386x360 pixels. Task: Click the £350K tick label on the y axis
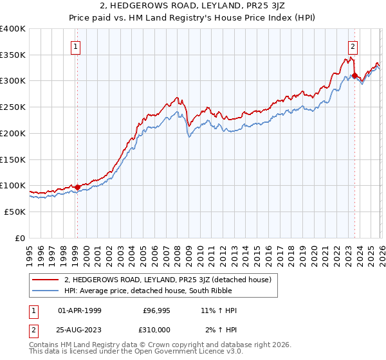pos(13,55)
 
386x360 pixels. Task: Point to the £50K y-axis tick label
pos(15,212)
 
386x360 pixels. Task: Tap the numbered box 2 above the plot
pos(354,46)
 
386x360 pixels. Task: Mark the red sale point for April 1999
pos(77,187)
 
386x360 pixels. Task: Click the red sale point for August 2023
pos(354,76)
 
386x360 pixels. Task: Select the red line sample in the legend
pos(46,280)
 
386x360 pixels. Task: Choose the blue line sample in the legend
pos(46,291)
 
